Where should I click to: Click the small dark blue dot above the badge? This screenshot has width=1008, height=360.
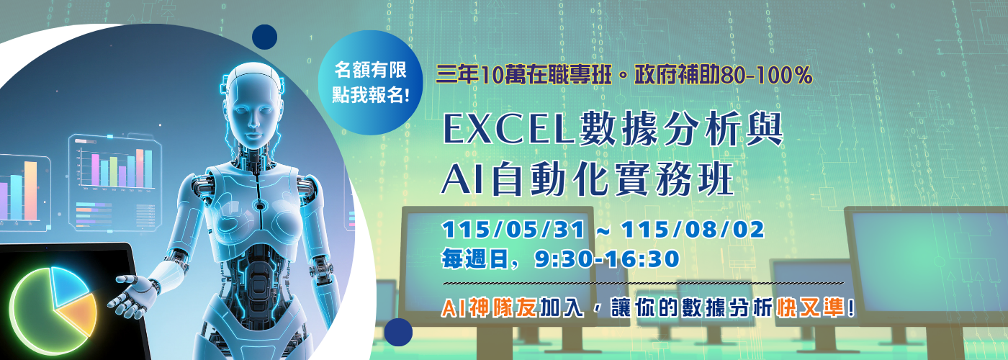click(265, 37)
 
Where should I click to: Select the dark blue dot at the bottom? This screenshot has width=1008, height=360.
click(398, 332)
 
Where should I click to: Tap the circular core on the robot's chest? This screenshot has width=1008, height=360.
click(259, 207)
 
